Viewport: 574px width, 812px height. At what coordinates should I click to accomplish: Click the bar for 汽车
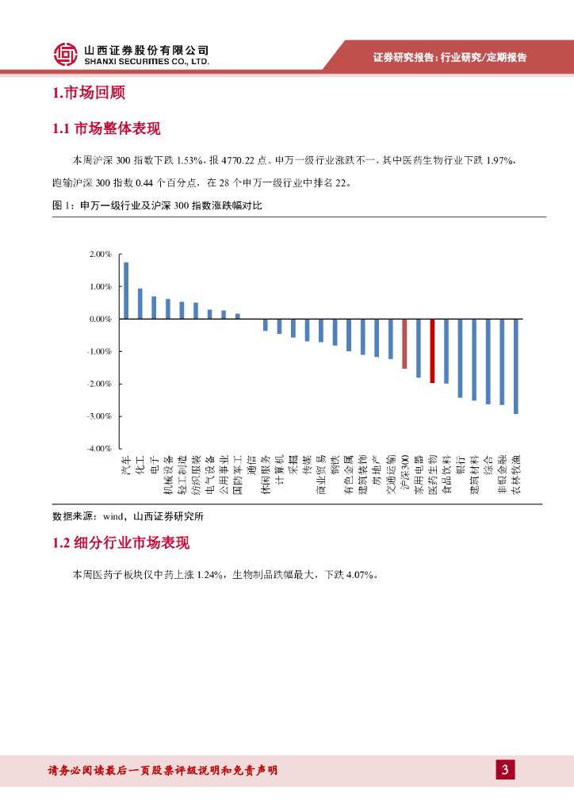(126, 290)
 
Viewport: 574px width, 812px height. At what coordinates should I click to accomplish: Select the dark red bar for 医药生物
(432, 350)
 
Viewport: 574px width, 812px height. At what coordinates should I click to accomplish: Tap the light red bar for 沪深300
(404, 343)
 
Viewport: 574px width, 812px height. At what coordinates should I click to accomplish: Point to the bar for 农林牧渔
(516, 366)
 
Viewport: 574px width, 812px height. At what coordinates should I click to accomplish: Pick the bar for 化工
(140, 304)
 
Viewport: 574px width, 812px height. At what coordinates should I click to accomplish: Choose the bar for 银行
(460, 358)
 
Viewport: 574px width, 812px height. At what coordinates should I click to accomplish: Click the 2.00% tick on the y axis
(101, 254)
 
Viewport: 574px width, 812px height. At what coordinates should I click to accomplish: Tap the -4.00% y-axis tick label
(100, 449)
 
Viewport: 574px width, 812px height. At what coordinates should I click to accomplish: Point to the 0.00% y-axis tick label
(101, 319)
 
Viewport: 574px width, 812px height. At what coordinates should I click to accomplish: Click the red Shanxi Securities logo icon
(65, 54)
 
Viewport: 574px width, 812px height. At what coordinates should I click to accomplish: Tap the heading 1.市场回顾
(89, 93)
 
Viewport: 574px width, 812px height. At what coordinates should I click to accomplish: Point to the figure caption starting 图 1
(155, 206)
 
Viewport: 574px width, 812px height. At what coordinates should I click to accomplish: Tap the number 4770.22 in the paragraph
(236, 159)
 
